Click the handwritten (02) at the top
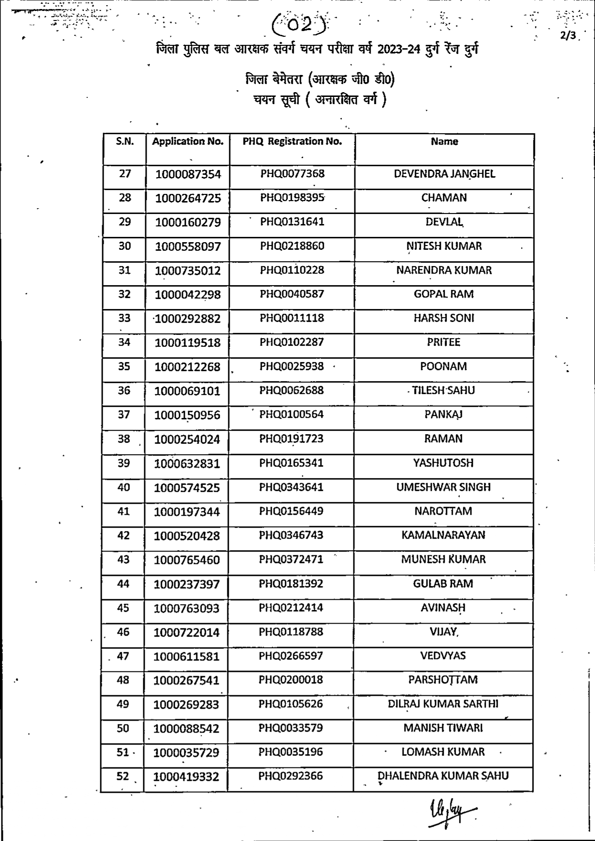tap(301, 24)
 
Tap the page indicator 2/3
tap(568, 36)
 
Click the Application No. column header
tap(188, 141)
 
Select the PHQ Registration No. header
tap(292, 141)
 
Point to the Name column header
tap(444, 141)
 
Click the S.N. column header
tap(125, 141)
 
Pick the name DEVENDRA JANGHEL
tap(444, 174)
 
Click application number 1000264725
tap(188, 198)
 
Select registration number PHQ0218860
tap(292, 246)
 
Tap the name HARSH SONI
tap(444, 318)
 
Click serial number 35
tap(124, 366)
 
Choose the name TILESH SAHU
tap(444, 390)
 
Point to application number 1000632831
tap(187, 464)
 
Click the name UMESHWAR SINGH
tap(443, 487)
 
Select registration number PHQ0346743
tap(291, 535)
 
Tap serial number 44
tap(123, 584)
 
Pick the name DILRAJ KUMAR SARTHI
tap(443, 704)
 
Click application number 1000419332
tap(186, 777)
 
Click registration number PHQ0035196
tap(291, 752)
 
